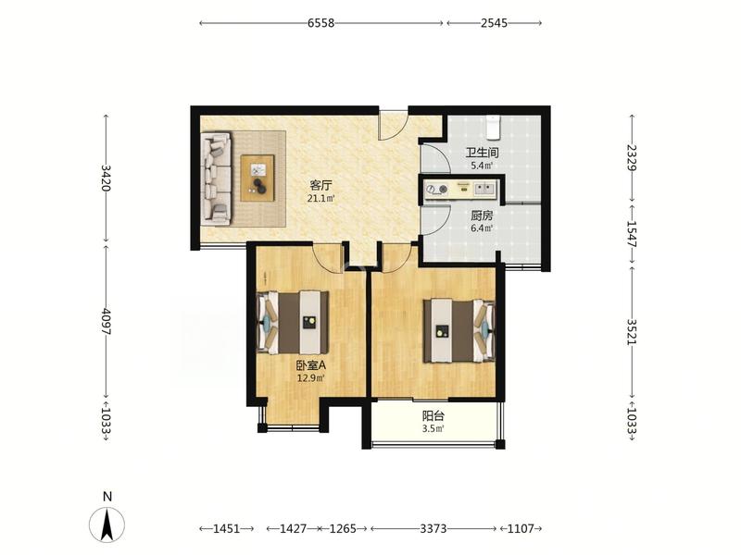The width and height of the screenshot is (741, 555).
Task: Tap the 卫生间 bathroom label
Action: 482,153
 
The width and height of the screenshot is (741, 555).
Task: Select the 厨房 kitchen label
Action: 482,216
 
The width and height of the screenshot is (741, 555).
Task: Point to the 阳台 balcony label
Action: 433,416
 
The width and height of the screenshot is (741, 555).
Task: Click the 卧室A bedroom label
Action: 311,365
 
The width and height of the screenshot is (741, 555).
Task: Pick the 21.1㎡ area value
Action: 320,198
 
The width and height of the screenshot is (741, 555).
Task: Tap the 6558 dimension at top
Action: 320,22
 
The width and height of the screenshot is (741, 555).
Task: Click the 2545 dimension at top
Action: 494,22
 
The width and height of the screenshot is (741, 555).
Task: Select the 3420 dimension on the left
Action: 106,178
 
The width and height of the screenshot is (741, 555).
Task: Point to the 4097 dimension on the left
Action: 106,322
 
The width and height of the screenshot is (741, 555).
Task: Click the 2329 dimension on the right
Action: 632,157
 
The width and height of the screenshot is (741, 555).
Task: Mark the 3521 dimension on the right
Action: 632,332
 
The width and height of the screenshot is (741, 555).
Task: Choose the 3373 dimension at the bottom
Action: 433,528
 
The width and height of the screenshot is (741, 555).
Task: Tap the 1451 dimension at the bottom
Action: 226,528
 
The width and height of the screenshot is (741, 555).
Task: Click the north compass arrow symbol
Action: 107,524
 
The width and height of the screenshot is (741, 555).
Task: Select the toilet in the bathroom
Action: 494,128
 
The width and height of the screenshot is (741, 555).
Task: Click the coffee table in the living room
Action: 257,179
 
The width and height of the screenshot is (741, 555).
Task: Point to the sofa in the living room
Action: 216,178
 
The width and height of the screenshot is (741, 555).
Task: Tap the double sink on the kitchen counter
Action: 484,189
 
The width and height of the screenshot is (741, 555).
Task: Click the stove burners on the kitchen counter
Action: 436,190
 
